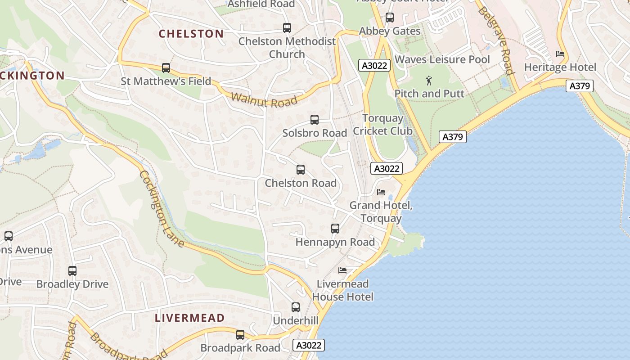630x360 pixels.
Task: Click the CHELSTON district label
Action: click(191, 34)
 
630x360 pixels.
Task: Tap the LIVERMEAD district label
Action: click(189, 318)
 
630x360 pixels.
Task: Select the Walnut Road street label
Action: click(264, 100)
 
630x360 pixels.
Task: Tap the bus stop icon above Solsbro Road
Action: click(315, 120)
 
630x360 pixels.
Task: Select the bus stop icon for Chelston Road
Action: click(301, 170)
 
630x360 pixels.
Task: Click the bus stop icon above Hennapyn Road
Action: click(335, 229)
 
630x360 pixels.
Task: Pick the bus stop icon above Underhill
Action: click(296, 307)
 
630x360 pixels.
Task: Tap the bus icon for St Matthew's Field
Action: click(166, 68)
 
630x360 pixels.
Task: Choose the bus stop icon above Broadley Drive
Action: click(72, 271)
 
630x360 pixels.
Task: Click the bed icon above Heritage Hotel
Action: click(560, 54)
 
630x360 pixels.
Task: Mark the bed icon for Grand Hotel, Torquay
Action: click(381, 192)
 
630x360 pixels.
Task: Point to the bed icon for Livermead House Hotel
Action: click(342, 270)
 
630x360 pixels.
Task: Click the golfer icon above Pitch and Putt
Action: click(429, 81)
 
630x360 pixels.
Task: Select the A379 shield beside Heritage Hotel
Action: click(580, 86)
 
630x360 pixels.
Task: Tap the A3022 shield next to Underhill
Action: click(309, 345)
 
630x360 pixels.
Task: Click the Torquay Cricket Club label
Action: click(382, 125)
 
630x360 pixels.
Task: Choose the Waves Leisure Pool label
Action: click(442, 59)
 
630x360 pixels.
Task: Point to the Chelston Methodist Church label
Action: click(287, 48)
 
